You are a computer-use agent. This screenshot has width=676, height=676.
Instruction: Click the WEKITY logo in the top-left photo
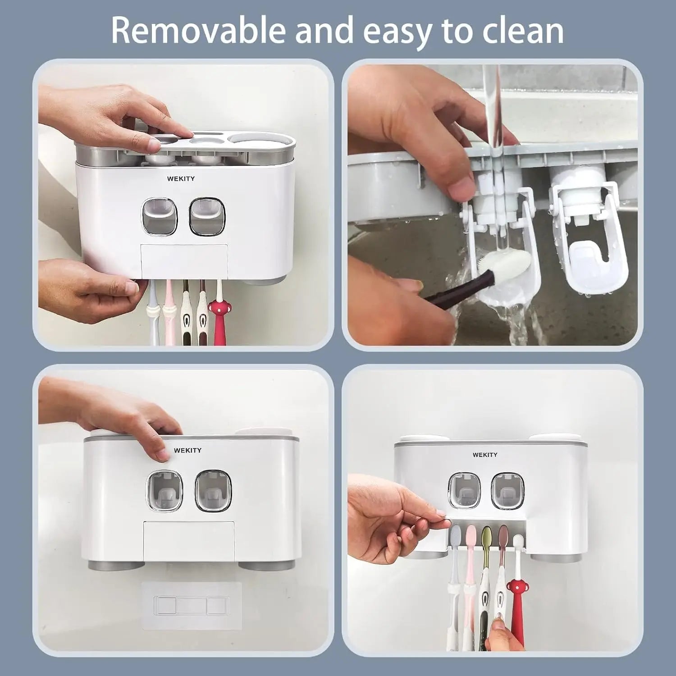point(181,178)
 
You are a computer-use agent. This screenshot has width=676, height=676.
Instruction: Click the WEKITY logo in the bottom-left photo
point(187,450)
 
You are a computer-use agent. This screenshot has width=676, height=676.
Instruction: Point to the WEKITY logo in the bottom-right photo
point(485,455)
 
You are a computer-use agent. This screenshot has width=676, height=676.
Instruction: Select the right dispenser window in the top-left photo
point(206,216)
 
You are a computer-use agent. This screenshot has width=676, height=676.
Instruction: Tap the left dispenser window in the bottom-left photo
point(164,491)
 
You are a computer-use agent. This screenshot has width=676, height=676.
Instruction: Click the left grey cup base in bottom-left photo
point(116,565)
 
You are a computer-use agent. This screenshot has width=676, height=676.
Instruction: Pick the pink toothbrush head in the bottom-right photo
point(471,536)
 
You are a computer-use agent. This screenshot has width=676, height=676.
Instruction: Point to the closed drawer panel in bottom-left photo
point(189,539)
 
